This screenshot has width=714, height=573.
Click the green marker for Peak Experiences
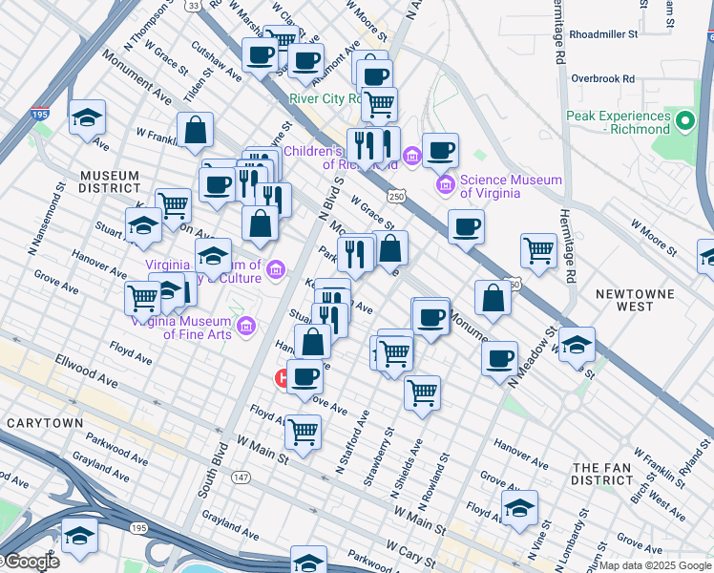[684, 122]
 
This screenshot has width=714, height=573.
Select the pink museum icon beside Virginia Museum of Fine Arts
[246, 328]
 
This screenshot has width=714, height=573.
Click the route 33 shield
[194, 6]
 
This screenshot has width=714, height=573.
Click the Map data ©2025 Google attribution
[655, 565]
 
